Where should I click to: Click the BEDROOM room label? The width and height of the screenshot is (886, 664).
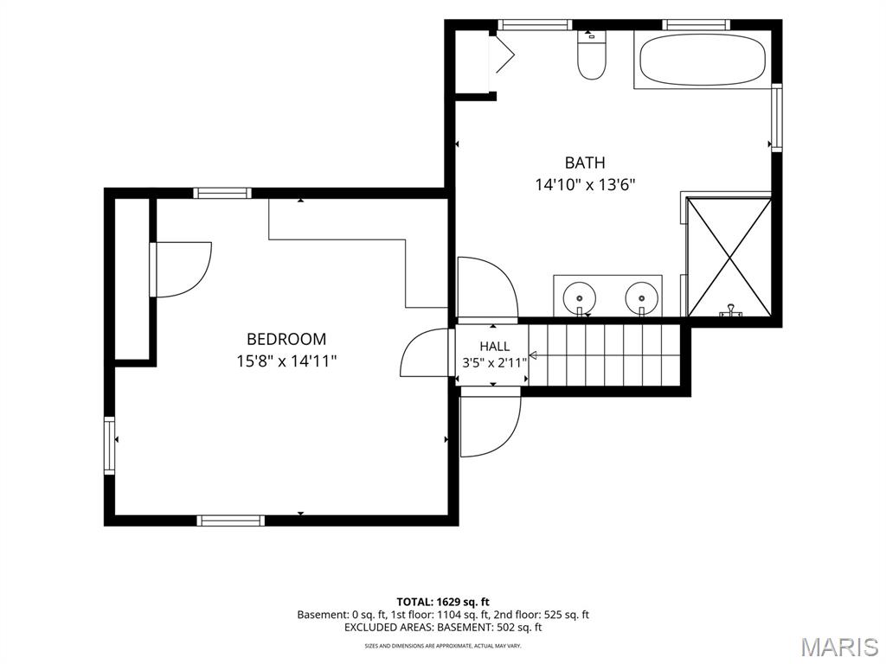[286, 339]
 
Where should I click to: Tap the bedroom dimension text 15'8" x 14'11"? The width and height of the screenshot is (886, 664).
[286, 361]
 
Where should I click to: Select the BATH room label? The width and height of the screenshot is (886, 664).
[585, 163]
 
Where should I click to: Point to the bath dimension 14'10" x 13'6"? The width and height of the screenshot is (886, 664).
[586, 185]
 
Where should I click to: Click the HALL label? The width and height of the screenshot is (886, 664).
[494, 346]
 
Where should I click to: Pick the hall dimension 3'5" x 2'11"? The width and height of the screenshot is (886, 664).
[494, 362]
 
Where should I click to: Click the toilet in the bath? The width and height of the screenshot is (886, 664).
[592, 54]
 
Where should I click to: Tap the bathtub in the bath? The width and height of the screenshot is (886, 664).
[703, 60]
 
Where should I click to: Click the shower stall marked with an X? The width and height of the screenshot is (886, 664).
[729, 257]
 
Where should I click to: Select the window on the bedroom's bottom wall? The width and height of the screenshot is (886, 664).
[230, 520]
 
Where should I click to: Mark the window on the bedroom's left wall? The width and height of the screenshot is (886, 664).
[109, 445]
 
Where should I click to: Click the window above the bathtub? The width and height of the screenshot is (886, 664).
[696, 24]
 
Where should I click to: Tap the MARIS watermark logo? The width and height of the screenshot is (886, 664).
[839, 647]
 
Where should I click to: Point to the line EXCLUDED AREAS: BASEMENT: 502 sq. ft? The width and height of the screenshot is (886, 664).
[443, 627]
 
